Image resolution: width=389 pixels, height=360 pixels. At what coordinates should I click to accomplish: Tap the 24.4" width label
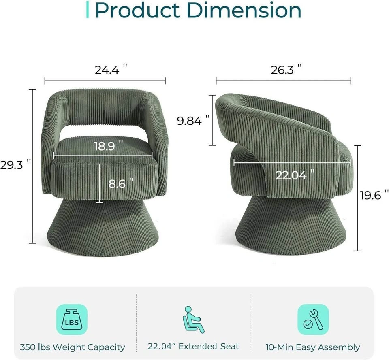[x=111, y=70]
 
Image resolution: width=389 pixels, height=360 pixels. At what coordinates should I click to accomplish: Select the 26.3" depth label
[x=286, y=70]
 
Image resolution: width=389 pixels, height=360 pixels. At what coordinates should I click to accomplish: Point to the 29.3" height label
[x=15, y=165]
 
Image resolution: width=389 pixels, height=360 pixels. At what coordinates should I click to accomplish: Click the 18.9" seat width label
[x=109, y=146]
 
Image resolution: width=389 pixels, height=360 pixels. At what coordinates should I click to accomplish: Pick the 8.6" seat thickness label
[x=121, y=183]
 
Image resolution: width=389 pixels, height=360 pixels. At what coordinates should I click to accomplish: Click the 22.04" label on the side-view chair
[x=295, y=175]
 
